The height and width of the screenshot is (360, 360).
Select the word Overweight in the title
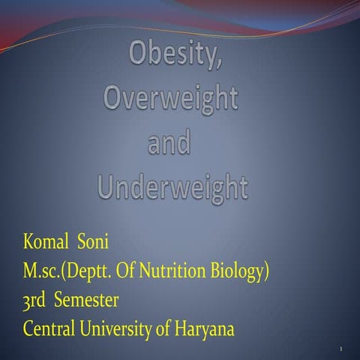[170, 100]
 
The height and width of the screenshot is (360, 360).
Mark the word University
[121, 328]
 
